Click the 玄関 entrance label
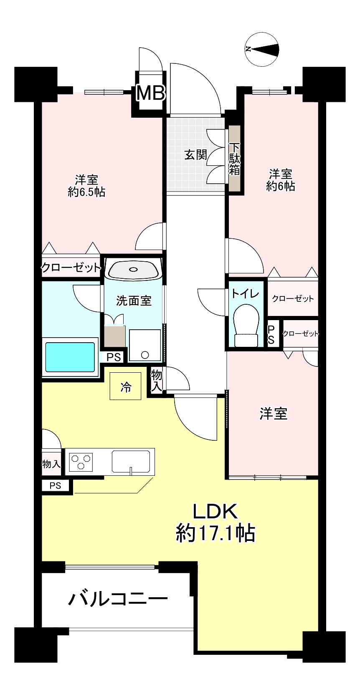(x=195, y=155)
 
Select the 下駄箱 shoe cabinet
(x=235, y=159)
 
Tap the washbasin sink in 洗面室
(x=133, y=270)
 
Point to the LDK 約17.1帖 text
(x=215, y=522)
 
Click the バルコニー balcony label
(x=118, y=600)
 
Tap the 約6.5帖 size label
(x=86, y=192)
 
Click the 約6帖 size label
(x=281, y=186)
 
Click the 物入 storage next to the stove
(x=51, y=463)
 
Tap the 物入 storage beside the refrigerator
(x=156, y=380)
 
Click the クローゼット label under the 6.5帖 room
(x=71, y=268)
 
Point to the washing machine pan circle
(x=145, y=355)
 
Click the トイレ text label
(x=246, y=294)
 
